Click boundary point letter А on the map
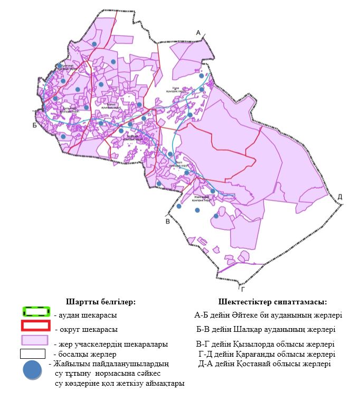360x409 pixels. [198, 33]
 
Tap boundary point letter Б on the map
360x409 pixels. [34, 125]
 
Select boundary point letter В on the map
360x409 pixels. [167, 221]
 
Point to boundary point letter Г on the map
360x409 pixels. [242, 289]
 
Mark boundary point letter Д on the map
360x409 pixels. [340, 197]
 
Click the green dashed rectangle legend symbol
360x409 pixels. [36, 312]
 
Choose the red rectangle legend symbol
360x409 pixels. [36, 326]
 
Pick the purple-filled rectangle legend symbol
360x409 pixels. [36, 340]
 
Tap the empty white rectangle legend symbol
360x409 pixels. [36, 353]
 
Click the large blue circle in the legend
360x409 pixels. [33, 370]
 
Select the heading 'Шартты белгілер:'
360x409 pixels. [101, 302]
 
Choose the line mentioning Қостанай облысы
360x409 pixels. [264, 364]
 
